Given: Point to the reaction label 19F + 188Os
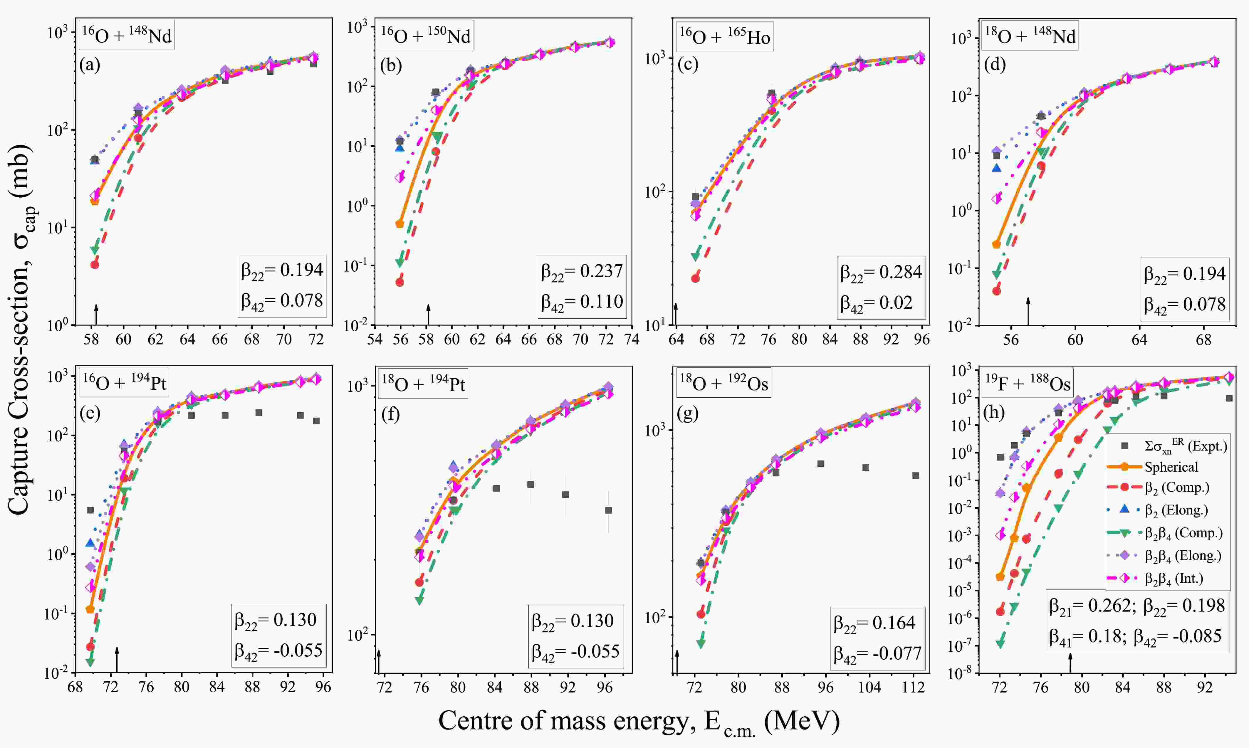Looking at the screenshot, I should tap(1028, 384).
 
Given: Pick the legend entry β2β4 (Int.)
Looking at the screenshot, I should tap(1174, 578).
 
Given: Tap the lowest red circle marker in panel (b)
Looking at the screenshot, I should tap(400, 282).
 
